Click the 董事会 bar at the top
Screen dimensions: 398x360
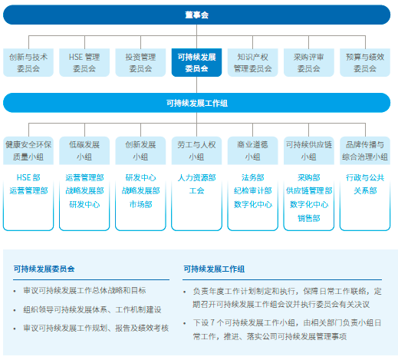[196, 15]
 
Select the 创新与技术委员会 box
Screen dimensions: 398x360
[28, 62]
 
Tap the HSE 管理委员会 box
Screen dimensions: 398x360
[84, 62]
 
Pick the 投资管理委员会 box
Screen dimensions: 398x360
[140, 62]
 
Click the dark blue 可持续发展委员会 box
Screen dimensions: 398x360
[196, 62]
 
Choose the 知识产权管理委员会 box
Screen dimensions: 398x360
[252, 62]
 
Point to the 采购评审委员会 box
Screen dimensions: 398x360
[309, 62]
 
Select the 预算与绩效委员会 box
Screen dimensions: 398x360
[365, 62]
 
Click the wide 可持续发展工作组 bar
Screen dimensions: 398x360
[196, 103]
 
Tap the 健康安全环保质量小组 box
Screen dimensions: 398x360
[28, 150]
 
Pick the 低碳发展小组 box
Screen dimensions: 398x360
[84, 150]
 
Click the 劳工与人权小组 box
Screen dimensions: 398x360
[196, 150]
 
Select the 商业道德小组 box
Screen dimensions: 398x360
[252, 150]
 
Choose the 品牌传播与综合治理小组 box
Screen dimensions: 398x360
[365, 150]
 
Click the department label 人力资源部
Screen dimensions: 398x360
[196, 177]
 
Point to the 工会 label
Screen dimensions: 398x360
[196, 190]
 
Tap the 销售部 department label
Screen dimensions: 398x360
[309, 218]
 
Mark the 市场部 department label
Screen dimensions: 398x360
[140, 204]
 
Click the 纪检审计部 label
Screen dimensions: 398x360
[252, 190]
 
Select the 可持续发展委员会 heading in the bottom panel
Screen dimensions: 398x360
[44, 269]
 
